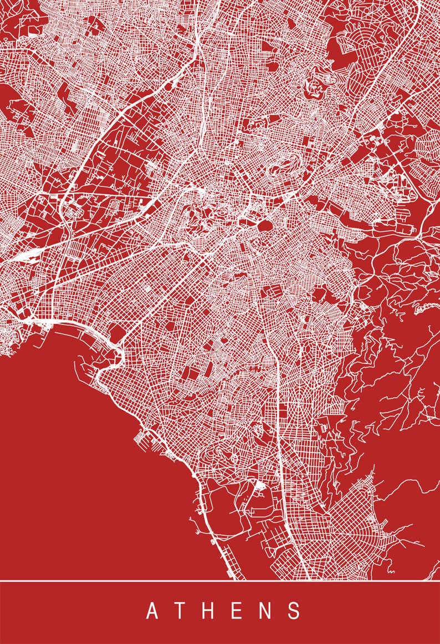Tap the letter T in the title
(x=182, y=611)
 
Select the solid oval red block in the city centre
(x=264, y=225)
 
